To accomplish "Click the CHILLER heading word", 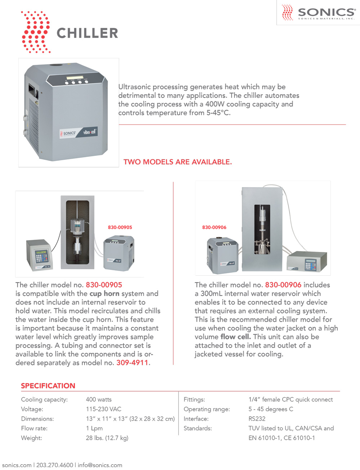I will point(87,33).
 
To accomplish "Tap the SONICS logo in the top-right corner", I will point(319,13).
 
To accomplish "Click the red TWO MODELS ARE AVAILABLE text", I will point(177,162).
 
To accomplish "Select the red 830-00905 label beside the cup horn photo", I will point(120,227).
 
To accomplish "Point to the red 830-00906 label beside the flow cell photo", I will point(214,227).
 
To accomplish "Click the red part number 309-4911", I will point(132,363).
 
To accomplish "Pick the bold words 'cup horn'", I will point(104,294).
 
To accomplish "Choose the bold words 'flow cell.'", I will point(235,337).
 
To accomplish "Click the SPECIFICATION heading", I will point(48,386).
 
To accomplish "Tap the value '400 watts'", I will point(99,399).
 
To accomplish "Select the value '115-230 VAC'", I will point(103,409).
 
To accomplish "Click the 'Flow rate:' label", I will point(34,428).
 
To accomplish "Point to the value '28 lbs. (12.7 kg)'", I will point(107,438).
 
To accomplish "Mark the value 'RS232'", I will point(257,419).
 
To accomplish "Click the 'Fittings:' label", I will point(194,399).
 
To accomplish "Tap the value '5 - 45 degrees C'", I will point(271,409).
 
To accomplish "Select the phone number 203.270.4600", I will point(55,465).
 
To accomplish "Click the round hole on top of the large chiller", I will point(55,66).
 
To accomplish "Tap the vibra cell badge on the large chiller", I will point(90,132).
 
